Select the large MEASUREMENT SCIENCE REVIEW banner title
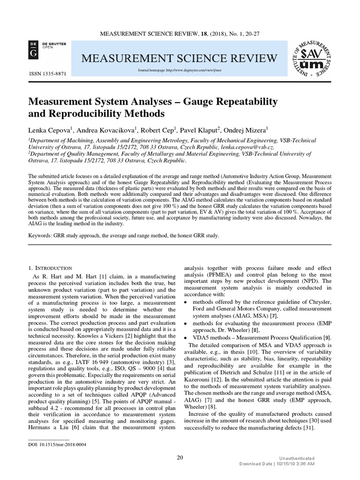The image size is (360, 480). (173, 58)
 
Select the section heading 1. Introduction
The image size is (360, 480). (50, 268)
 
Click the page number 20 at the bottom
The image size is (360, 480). (180, 457)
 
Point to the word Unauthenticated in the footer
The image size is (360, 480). (296, 458)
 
